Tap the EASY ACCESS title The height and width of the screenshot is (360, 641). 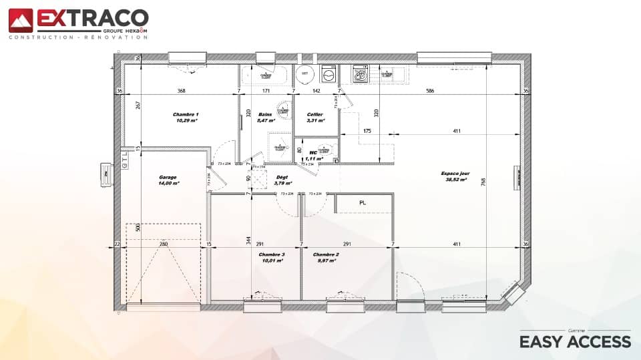(x=575, y=341)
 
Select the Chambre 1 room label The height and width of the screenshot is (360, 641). (x=186, y=114)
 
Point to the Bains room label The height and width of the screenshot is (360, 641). (x=265, y=114)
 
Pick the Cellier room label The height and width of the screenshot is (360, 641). (x=314, y=114)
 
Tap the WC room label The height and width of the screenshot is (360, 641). (x=313, y=153)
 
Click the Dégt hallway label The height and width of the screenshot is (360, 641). (x=282, y=177)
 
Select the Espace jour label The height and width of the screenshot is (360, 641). (x=455, y=173)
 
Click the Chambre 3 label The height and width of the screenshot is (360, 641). (x=272, y=254)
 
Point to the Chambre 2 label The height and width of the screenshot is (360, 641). (x=326, y=254)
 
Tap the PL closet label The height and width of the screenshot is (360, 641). (x=363, y=202)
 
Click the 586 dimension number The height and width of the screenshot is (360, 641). (x=431, y=91)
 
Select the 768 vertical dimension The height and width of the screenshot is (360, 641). (x=483, y=180)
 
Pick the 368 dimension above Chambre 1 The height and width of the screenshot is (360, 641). (x=181, y=91)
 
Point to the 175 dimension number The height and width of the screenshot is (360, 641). (x=367, y=131)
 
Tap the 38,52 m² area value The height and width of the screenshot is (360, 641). (x=455, y=180)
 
